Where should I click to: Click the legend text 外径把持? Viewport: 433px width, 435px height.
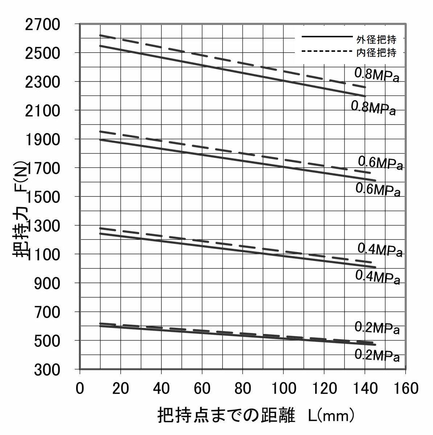[x=376, y=39]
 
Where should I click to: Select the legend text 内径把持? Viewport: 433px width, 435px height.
[x=376, y=53]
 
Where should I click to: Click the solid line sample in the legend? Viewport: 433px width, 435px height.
[x=327, y=37]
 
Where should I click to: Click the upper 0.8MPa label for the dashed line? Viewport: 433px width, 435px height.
[x=377, y=75]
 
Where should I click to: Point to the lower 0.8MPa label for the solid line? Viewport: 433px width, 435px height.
[x=373, y=108]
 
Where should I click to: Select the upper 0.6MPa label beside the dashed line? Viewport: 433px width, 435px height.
[x=380, y=163]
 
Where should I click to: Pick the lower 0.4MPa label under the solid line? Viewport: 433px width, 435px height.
[x=378, y=277]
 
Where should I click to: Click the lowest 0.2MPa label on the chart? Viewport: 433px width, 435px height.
[x=377, y=356]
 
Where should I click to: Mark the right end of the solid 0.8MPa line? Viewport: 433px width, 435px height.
[x=364, y=96]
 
